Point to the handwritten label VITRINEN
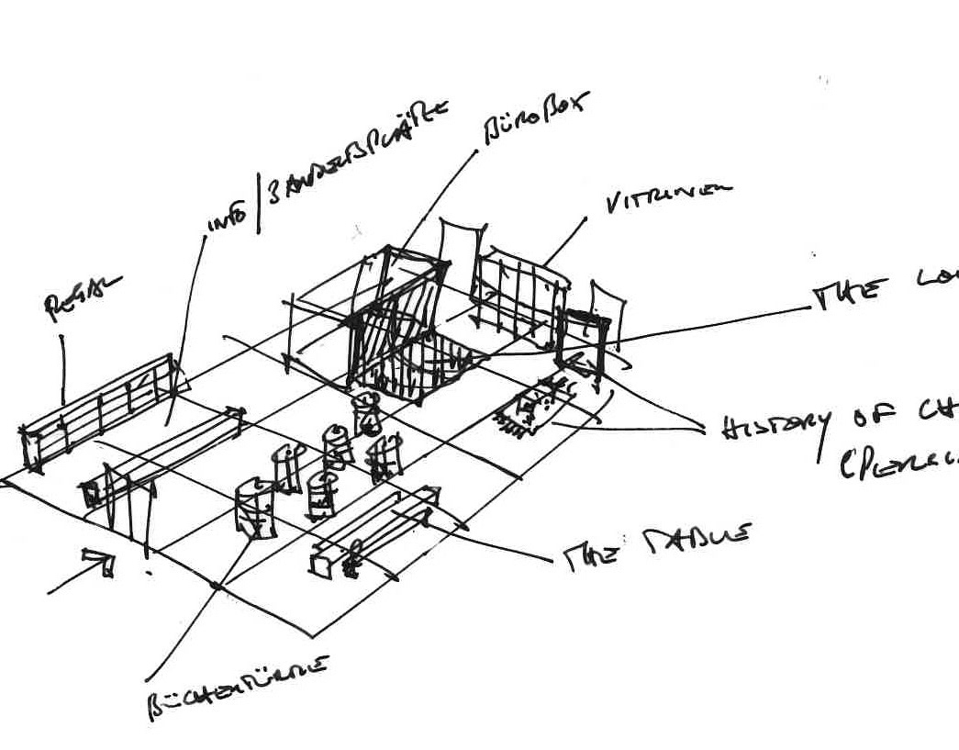669,196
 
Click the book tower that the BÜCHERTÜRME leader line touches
256,507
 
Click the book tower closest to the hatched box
368,412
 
